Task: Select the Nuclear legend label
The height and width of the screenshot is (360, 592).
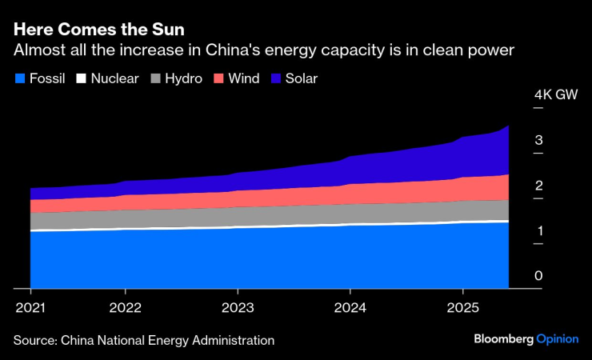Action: [115, 78]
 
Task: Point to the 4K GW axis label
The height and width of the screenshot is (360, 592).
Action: [555, 95]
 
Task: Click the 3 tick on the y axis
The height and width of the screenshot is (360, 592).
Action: [539, 141]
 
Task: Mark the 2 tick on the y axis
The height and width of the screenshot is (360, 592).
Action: [539, 186]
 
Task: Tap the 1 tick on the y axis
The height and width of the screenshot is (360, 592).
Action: [539, 232]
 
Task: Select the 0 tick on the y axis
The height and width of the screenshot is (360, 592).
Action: [539, 277]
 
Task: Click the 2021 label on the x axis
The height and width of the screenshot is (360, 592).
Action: [30, 307]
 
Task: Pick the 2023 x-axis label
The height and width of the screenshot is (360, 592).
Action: [238, 307]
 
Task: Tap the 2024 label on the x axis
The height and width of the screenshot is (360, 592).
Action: [350, 307]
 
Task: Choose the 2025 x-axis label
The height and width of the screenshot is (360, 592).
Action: [462, 307]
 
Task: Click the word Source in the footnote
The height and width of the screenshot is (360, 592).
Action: [34, 340]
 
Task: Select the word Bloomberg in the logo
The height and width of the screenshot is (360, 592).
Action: [503, 338]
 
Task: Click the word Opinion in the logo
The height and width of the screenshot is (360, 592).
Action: [557, 339]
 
